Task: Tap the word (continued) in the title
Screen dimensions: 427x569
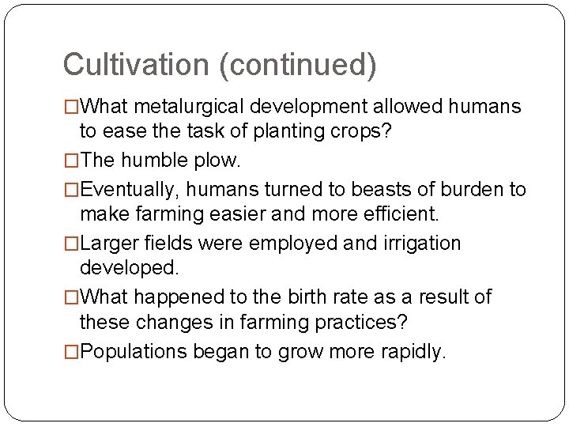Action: click(x=300, y=65)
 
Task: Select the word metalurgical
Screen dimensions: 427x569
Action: click(x=198, y=105)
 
